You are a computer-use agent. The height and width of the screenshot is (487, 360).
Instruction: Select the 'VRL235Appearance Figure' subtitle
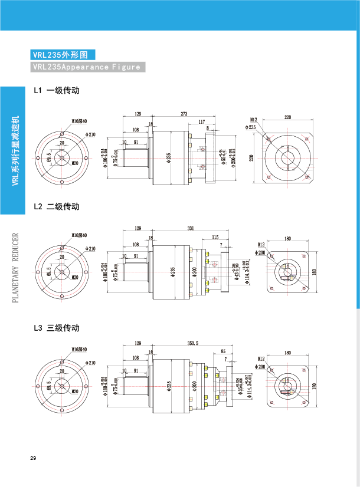(x=87, y=67)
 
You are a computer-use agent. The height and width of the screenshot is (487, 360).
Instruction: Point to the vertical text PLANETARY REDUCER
(x=16, y=268)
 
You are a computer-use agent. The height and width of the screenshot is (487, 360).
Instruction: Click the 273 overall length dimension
(x=184, y=114)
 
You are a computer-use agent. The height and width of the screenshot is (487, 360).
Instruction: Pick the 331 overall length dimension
(x=191, y=228)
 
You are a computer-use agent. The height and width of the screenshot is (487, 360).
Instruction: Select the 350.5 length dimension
(x=193, y=343)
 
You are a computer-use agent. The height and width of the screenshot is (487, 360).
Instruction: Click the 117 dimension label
(x=202, y=122)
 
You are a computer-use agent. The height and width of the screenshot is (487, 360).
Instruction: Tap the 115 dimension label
(x=215, y=237)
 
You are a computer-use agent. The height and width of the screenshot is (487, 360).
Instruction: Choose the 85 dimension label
(x=223, y=351)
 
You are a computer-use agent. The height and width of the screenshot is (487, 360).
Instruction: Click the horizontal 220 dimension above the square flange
(x=288, y=117)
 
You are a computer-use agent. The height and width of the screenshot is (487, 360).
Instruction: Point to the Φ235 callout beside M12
(x=251, y=127)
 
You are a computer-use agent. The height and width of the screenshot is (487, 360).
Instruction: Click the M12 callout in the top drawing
(x=254, y=120)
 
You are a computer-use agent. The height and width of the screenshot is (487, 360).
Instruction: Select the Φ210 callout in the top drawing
(x=91, y=134)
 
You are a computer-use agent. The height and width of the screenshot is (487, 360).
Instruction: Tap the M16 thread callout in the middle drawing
(x=79, y=235)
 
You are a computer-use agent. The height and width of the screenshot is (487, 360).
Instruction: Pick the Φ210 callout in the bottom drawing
(x=91, y=363)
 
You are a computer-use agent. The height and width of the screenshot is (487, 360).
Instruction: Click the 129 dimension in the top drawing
(x=138, y=114)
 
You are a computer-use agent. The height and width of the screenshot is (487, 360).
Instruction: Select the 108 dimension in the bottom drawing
(x=136, y=358)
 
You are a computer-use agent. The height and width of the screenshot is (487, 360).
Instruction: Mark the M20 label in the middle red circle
(x=75, y=277)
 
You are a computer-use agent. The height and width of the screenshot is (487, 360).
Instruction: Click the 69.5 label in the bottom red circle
(x=48, y=386)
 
